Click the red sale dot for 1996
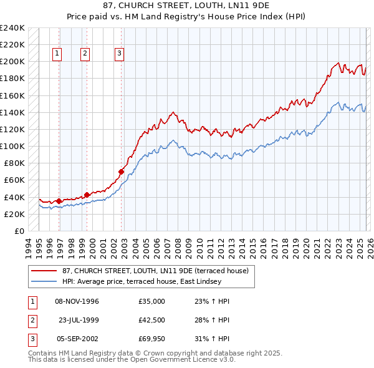pos(59,201)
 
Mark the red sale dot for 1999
pos(87,195)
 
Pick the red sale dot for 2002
pos(122,171)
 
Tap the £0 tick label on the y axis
pos(19,231)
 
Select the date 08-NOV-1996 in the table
pos(77,301)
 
